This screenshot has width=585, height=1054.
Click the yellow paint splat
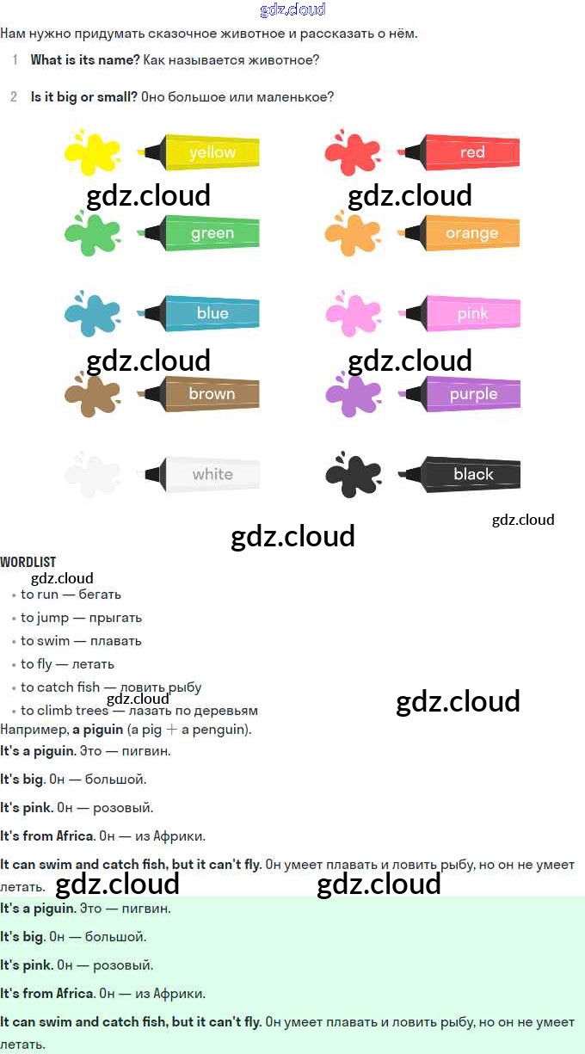92,152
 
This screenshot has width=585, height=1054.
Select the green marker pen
201,233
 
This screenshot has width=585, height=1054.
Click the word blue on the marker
212,313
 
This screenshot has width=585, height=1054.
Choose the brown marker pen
201,394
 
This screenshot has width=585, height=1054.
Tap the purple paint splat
352,394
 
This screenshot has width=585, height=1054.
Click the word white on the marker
212,474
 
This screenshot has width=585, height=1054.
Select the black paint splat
352,474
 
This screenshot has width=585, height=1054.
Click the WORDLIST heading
28,562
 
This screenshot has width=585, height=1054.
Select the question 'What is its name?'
85,60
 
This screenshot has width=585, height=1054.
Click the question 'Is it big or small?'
84,97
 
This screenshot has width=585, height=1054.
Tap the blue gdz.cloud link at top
292,9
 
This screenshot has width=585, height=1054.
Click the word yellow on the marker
212,152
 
